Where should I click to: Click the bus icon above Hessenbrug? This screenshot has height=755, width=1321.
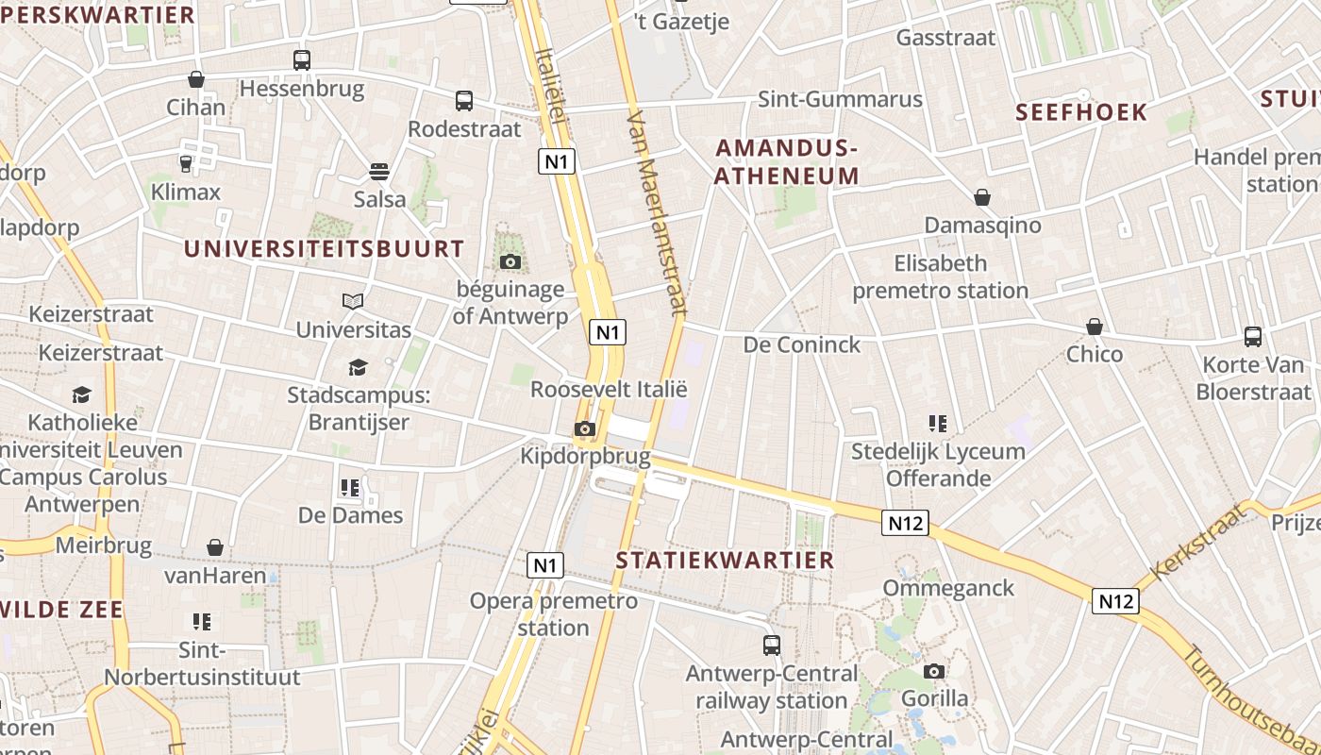click(302, 60)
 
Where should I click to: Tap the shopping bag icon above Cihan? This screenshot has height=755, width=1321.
click(196, 79)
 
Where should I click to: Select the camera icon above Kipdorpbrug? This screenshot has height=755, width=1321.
click(585, 429)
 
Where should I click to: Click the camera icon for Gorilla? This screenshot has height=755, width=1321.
click(934, 671)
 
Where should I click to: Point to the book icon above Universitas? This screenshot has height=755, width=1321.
click(353, 301)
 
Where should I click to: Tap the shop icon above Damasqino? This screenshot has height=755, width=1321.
click(982, 197)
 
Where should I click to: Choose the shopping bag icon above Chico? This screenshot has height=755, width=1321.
click(1095, 327)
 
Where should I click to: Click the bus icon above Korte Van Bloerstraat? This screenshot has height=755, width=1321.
click(1253, 337)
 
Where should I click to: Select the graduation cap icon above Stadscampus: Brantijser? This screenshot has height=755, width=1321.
click(358, 367)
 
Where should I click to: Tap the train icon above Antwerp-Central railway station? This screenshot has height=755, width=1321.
click(772, 646)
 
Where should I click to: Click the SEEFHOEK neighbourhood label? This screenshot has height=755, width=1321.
click(1081, 112)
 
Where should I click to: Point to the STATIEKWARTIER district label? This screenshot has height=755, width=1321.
click(726, 560)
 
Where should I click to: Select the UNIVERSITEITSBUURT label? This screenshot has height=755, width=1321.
click(324, 249)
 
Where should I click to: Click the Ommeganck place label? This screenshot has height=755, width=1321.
click(948, 588)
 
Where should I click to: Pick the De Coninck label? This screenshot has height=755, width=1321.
click(802, 345)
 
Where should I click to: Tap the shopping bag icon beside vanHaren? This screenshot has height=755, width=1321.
click(215, 547)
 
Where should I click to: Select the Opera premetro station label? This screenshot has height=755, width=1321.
click(554, 613)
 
